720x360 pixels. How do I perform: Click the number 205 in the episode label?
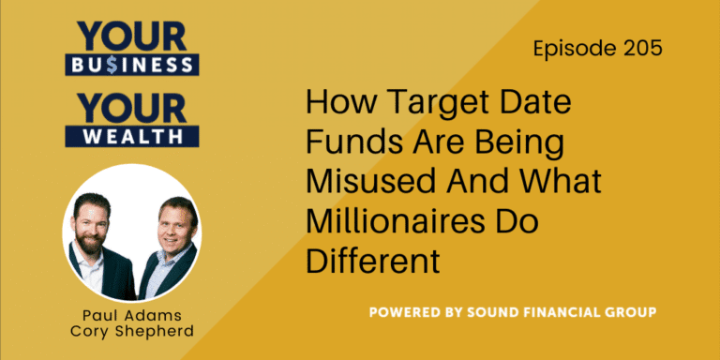tap(638, 48)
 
